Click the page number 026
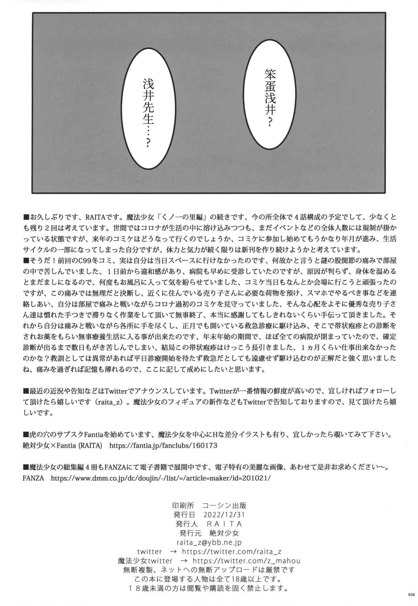(411, 595)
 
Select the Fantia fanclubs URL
(163, 446)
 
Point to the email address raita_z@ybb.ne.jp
(209, 543)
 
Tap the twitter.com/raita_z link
(232, 552)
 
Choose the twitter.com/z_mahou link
(247, 561)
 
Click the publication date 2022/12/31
(224, 514)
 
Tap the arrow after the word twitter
(174, 552)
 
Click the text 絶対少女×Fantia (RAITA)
(63, 446)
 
